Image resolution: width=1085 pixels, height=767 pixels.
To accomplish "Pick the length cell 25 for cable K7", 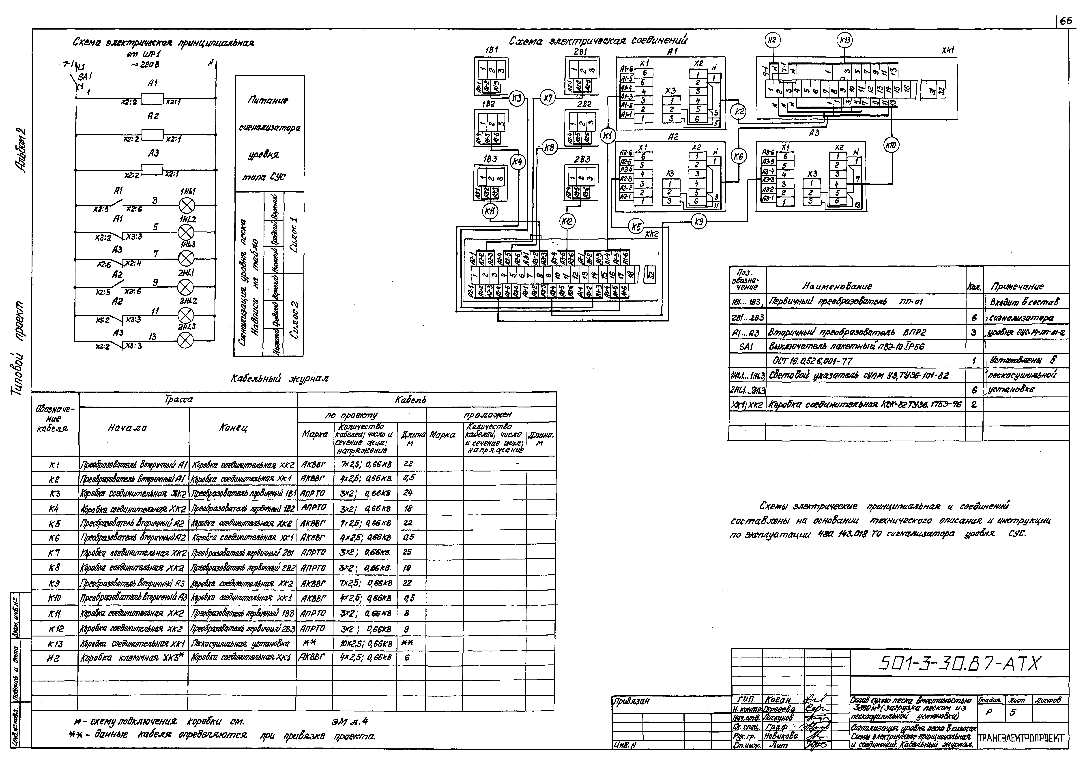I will (x=407, y=553).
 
